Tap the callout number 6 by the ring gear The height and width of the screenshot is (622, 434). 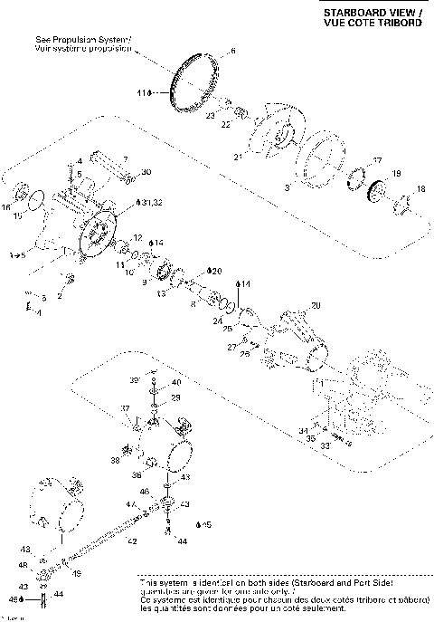(x=231, y=53)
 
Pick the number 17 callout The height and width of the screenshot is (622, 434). (x=377, y=160)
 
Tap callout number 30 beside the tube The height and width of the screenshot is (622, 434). (x=146, y=172)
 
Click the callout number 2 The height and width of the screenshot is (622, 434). (x=60, y=294)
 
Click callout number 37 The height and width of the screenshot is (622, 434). (x=127, y=409)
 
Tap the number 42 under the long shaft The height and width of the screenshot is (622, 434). (x=132, y=541)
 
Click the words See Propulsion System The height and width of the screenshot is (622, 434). (x=83, y=41)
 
